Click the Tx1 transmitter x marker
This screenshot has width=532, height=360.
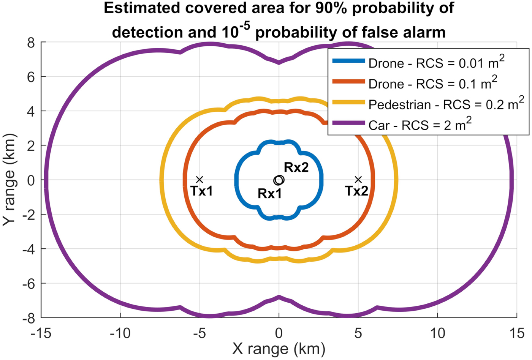pos(199,180)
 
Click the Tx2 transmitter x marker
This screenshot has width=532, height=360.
pos(358,180)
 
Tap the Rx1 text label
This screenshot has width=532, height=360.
pos(270,194)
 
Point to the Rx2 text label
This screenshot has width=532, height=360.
pos(296,167)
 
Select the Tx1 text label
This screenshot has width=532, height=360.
pos(201,191)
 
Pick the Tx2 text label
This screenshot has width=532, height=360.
pos(356,191)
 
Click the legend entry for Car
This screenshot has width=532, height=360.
pos(420,125)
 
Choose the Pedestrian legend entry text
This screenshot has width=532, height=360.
pos(446,104)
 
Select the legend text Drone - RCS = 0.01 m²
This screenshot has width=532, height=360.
pos(436,63)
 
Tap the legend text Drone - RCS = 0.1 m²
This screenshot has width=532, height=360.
pos(432,83)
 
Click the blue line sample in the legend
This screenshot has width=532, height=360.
pos(348,61)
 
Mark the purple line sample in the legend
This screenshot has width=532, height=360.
pos(348,123)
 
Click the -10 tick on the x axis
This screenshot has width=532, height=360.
pos(120,333)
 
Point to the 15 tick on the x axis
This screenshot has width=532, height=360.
pos(516,333)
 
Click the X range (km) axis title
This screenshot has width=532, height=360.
pos(279,349)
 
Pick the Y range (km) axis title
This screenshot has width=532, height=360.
pos(9,180)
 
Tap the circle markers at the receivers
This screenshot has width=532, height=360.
pos(279,180)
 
